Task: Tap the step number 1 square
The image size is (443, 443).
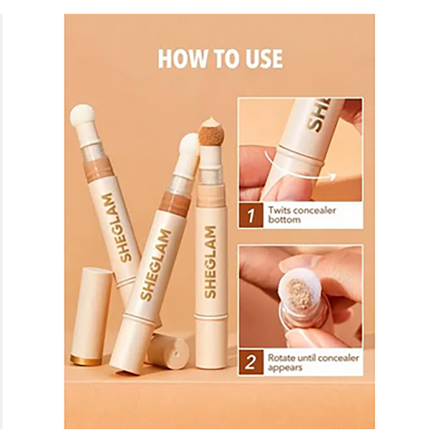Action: (251, 215)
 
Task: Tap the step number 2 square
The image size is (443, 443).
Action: (251, 363)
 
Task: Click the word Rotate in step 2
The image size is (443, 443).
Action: (281, 358)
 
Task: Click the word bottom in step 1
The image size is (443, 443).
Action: (284, 220)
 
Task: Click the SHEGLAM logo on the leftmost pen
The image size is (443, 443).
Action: (117, 228)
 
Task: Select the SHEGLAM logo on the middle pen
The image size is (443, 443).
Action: (156, 265)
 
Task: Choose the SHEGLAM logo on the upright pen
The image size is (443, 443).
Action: (210, 262)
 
